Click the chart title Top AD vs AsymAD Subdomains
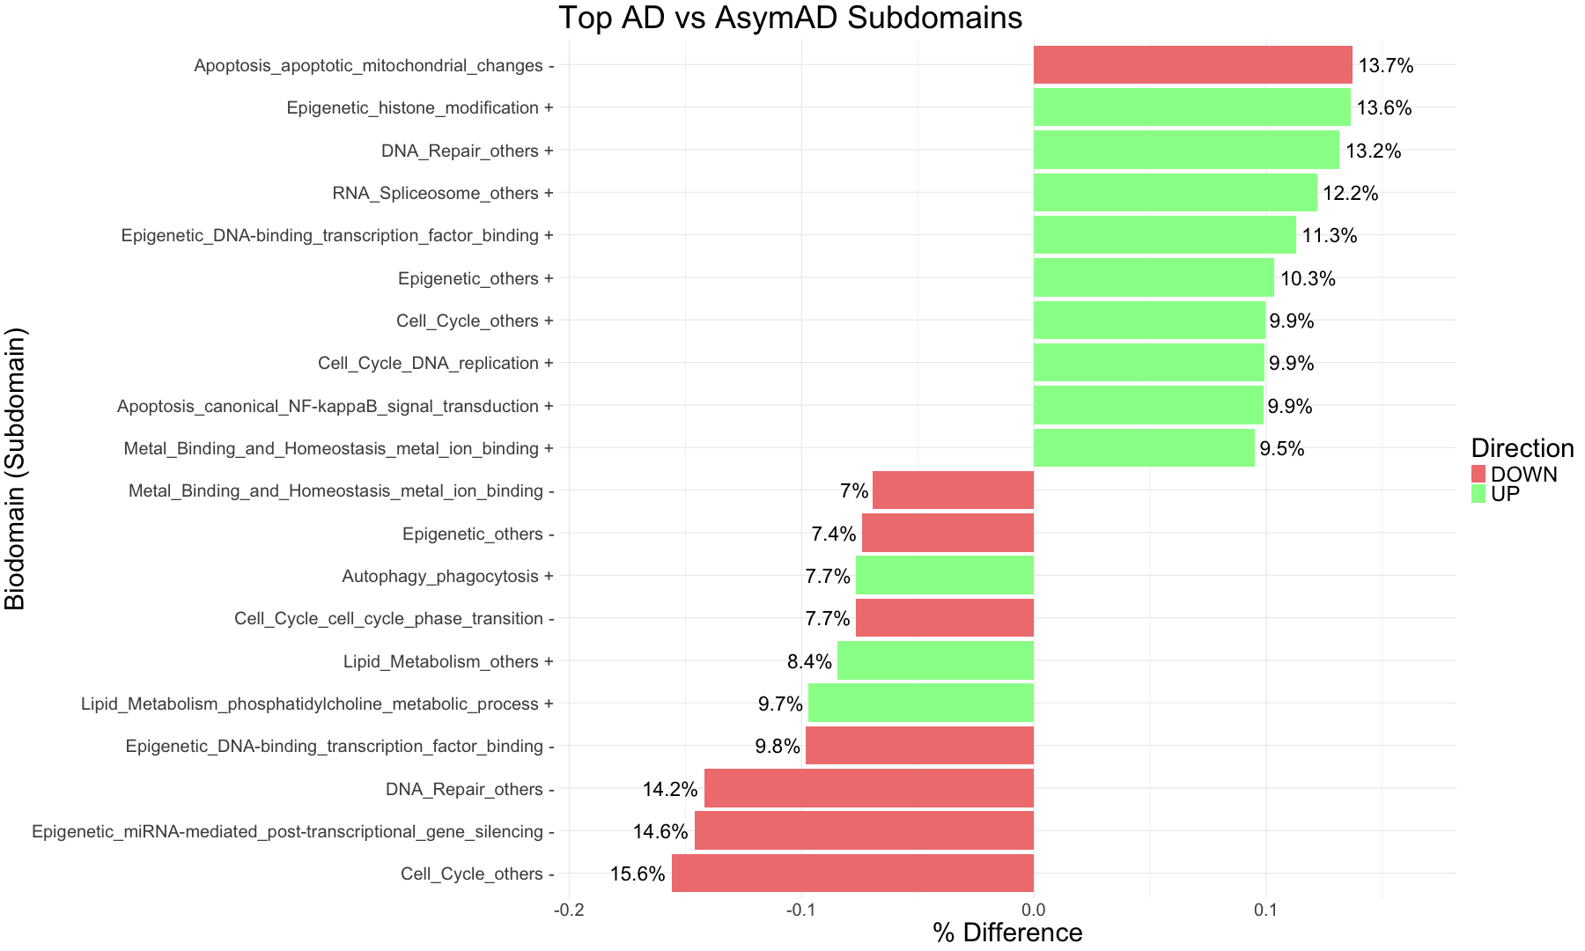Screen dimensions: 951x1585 click(x=790, y=18)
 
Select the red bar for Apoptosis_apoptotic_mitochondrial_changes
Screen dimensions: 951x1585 click(x=1192, y=65)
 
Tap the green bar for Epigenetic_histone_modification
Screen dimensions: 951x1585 click(x=1191, y=107)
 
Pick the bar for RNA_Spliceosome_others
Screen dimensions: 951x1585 click(x=1175, y=193)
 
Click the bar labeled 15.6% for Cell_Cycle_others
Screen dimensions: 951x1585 click(x=852, y=874)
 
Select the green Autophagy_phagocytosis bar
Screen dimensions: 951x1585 click(x=944, y=576)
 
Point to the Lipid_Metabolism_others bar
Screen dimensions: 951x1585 click(x=935, y=661)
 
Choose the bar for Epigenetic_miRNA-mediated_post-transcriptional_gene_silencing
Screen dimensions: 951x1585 click(x=864, y=831)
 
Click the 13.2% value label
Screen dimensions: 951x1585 click(x=1373, y=151)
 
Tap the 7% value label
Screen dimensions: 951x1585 click(x=853, y=490)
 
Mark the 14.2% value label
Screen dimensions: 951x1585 click(x=670, y=789)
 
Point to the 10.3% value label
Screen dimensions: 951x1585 click(x=1308, y=278)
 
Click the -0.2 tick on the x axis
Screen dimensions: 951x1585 click(x=569, y=909)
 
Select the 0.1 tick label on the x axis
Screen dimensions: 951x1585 click(x=1265, y=909)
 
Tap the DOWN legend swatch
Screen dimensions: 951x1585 click(x=1478, y=474)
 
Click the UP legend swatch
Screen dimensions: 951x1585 click(x=1478, y=494)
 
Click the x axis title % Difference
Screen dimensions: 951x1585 click(x=1007, y=933)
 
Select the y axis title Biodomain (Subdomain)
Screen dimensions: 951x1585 click(x=16, y=468)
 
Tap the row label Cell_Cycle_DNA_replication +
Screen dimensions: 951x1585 click(x=435, y=363)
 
